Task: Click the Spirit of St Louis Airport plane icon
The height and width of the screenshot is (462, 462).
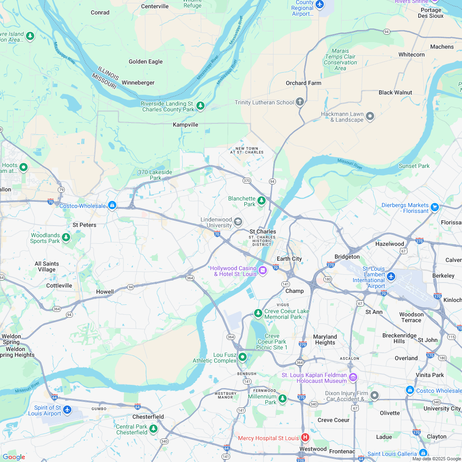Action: click(x=67, y=410)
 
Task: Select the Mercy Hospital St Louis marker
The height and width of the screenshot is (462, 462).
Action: click(x=305, y=437)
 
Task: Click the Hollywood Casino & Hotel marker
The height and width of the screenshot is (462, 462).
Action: click(x=263, y=271)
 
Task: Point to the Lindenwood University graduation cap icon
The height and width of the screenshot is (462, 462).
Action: click(x=238, y=222)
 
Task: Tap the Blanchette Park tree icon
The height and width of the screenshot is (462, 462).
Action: click(x=261, y=201)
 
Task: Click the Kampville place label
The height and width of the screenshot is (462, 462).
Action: click(x=186, y=125)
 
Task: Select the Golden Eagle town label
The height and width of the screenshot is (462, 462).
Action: click(x=146, y=62)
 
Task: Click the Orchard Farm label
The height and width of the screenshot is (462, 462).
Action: click(x=304, y=83)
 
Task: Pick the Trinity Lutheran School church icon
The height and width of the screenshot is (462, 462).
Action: click(x=300, y=102)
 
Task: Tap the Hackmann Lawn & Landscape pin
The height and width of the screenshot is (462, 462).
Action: click(x=370, y=116)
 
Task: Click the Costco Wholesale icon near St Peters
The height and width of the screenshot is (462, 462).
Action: click(x=112, y=205)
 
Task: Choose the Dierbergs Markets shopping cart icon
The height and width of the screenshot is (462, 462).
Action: click(x=434, y=207)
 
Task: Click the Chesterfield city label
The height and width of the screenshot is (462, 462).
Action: click(x=148, y=417)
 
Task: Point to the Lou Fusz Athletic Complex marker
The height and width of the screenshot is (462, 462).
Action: click(x=243, y=357)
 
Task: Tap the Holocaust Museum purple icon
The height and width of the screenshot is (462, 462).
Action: click(x=353, y=377)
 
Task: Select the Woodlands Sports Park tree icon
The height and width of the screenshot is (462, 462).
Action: click(x=66, y=237)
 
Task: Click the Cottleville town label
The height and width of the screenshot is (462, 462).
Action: click(x=59, y=285)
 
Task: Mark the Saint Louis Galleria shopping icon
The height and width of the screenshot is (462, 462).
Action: click(x=423, y=453)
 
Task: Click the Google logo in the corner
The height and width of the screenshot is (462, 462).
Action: click(x=14, y=457)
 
